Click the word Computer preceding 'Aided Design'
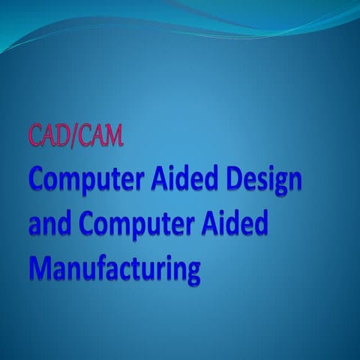click(x=87, y=181)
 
